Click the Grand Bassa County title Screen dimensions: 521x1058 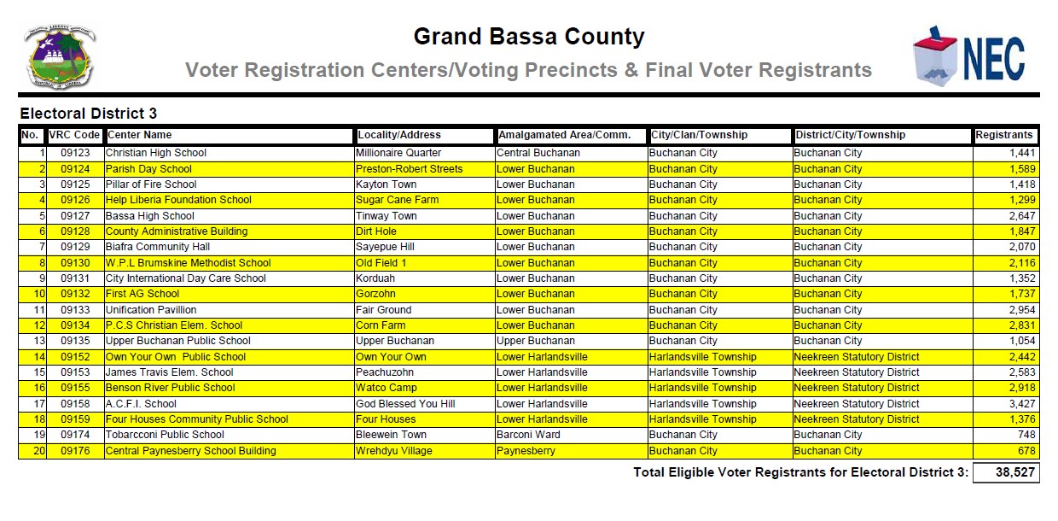point(528,38)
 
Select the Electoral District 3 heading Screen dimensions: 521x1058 point(89,114)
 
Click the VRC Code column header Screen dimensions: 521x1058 point(74,135)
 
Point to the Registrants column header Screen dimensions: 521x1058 point(1005,135)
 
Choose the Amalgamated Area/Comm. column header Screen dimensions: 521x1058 point(565,135)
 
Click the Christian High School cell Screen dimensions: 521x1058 point(155,153)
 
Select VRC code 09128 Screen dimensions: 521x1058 point(74,231)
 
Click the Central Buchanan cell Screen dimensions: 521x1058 point(538,153)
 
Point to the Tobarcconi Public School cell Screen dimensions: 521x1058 point(165,435)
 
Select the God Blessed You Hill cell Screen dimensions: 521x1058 point(405,404)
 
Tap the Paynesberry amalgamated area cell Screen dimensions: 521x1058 point(526,451)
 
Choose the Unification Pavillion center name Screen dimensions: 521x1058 point(150,310)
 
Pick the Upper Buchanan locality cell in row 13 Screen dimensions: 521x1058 point(394,341)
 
